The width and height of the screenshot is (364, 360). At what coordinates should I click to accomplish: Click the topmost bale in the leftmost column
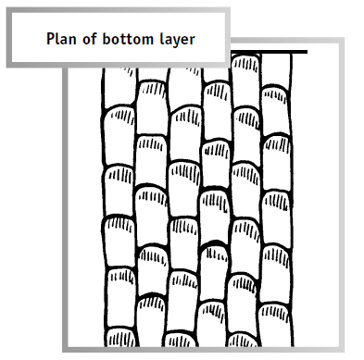[x=118, y=86]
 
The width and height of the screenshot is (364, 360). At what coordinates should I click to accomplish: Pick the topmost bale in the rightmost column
[x=274, y=72]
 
